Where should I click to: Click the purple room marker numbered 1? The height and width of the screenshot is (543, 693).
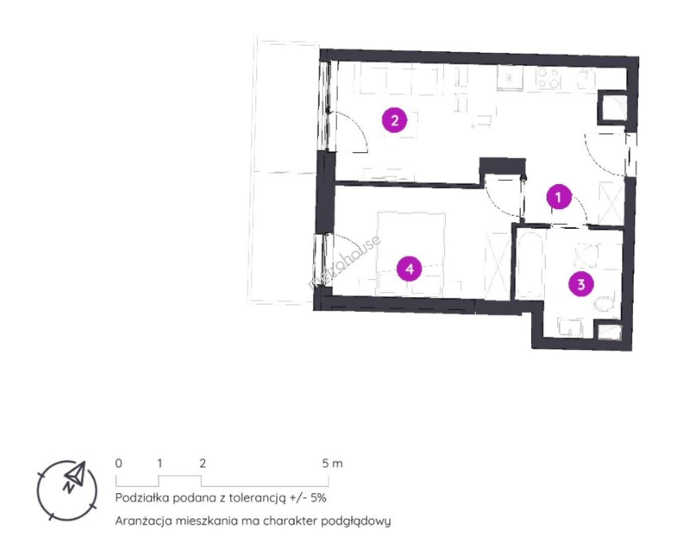point(558,197)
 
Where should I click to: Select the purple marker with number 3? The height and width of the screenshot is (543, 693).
point(581,284)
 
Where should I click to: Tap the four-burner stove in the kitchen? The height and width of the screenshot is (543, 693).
point(549,78)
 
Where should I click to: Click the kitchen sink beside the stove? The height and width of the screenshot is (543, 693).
point(510,78)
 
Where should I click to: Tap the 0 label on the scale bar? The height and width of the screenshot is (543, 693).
point(118,463)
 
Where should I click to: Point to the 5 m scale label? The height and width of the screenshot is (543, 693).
point(332,463)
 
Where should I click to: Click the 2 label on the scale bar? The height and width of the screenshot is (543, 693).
point(203,463)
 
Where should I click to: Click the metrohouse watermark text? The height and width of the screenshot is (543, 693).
point(344,262)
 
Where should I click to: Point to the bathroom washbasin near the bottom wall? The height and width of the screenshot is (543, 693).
point(570,327)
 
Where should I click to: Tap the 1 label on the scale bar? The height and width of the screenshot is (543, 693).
point(159,463)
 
